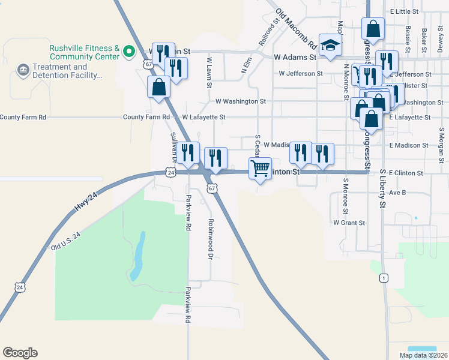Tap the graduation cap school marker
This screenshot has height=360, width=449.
330,45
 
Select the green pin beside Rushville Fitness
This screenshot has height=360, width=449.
128,52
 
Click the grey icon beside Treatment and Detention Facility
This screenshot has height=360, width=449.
23,71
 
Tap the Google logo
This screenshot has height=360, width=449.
20,353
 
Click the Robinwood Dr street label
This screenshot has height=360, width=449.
211,238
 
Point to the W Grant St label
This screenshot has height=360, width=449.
349,223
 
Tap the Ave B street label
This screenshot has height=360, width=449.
397,193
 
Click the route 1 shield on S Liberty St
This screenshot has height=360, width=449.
382,278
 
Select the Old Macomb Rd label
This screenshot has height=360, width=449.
296,29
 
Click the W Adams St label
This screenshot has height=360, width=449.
294,57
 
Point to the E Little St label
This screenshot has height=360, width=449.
403,11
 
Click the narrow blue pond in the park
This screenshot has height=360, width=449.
137,256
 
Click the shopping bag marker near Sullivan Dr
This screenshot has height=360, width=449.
158,86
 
